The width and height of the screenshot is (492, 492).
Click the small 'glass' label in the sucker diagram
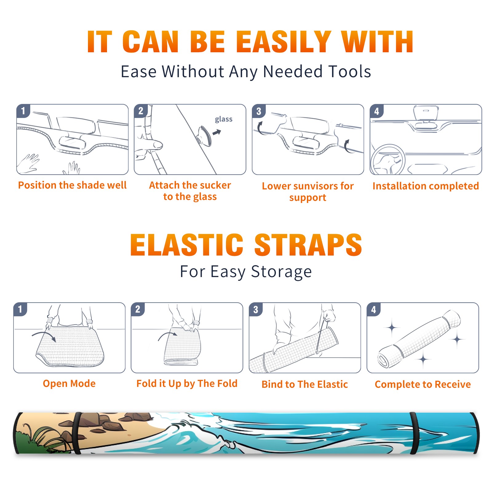pos(224,119)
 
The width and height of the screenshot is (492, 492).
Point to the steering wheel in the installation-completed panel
pos(388,159)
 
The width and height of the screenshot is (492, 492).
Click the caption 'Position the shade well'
pos(72,185)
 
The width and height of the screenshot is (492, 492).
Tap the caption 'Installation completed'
pos(426,186)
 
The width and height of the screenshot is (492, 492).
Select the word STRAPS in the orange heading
pos(308,245)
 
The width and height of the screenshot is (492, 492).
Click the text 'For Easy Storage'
pos(246,272)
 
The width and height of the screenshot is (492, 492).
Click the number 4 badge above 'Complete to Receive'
pos(374,309)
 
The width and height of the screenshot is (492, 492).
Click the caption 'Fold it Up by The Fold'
pos(187,383)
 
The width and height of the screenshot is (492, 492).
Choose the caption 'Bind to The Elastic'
pos(305,384)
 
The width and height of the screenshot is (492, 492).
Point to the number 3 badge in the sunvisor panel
pos(259,111)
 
